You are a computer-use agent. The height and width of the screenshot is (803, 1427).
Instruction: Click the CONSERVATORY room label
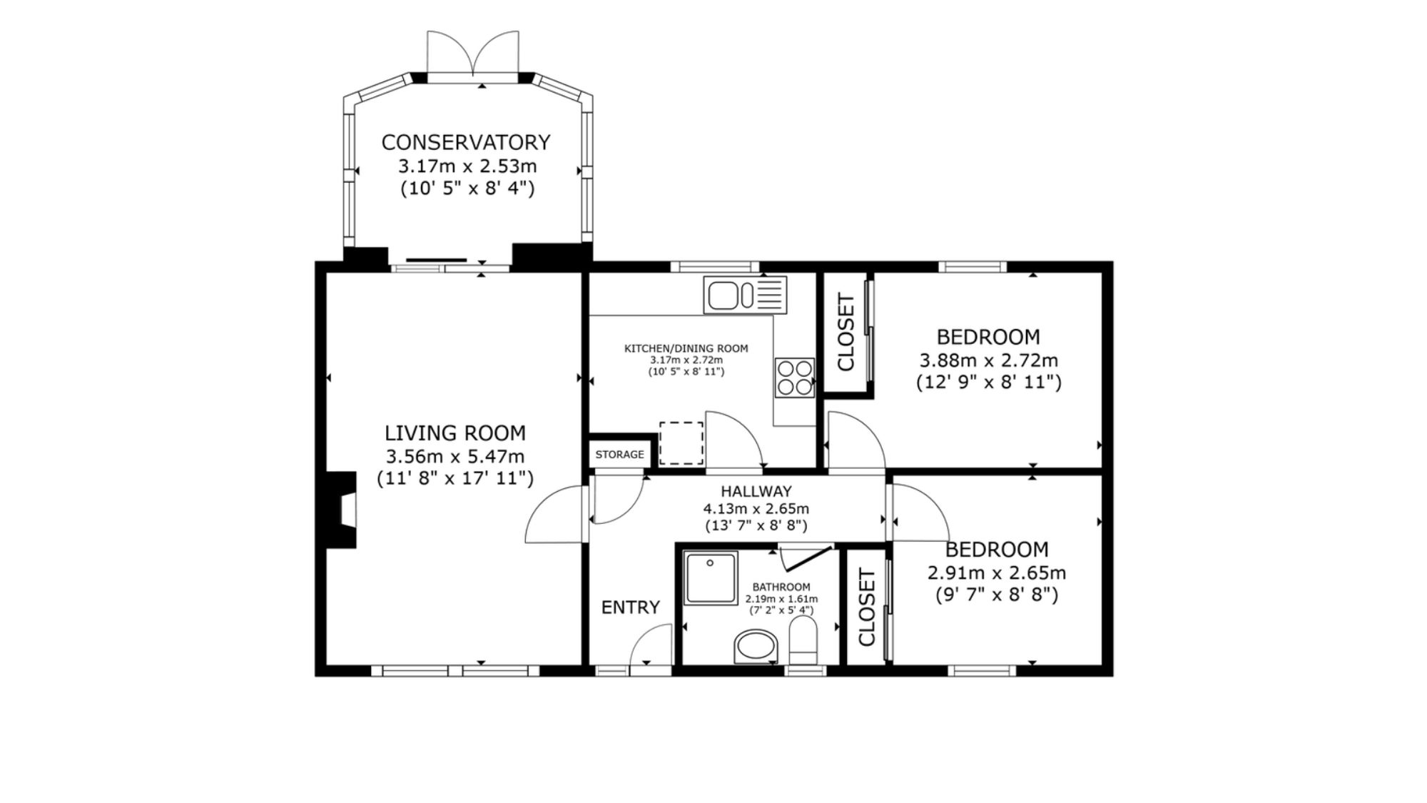coord(466,143)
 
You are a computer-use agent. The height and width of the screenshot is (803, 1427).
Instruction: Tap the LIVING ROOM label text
coord(455,433)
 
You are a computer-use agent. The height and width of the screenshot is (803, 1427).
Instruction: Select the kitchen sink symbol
coord(745,295)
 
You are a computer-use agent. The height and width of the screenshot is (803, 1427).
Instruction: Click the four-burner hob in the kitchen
coord(795,378)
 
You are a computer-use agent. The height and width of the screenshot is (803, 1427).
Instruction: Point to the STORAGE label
coord(620,455)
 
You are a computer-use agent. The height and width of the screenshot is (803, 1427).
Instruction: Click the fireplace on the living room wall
coord(341,510)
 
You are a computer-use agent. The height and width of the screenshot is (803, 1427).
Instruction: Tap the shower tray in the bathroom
coord(711,577)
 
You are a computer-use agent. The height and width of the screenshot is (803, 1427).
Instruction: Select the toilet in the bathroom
coord(803,640)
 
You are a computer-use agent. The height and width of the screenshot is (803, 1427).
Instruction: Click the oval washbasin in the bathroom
coord(756,646)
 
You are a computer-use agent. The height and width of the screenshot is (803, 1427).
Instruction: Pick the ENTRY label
coord(631,607)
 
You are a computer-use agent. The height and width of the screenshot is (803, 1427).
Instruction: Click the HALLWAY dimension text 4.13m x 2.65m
coord(756,509)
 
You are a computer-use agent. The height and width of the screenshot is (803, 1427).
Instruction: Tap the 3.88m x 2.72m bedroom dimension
coord(989,360)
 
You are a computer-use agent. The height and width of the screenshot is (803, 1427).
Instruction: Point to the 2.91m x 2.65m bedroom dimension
coord(997,572)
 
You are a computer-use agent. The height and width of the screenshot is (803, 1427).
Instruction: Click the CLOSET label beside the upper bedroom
coord(846,332)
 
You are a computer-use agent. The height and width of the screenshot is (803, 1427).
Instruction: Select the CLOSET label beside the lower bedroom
coord(866,607)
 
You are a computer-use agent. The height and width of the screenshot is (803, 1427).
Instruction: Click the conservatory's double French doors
coord(472,53)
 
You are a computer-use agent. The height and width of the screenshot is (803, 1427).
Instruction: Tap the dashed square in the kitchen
coord(681,443)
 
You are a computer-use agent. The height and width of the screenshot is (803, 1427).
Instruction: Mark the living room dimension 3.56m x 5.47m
coord(455,456)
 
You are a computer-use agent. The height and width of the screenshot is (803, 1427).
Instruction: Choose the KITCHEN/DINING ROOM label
coord(686,349)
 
